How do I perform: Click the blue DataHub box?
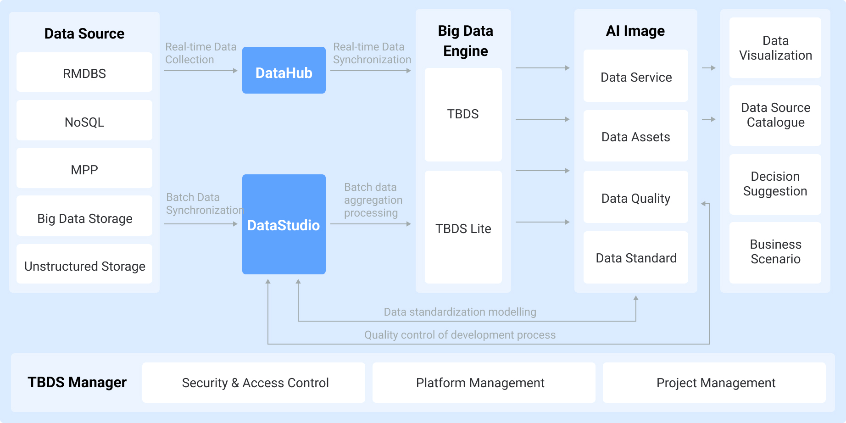[x=284, y=71]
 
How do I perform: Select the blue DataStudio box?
[x=284, y=224]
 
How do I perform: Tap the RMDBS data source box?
[x=84, y=72]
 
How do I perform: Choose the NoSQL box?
[x=84, y=121]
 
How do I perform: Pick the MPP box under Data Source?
[x=84, y=168]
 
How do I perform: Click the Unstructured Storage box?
[x=84, y=265]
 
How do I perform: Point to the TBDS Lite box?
[x=463, y=228]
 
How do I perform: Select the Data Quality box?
[x=635, y=197]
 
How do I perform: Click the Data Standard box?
[x=635, y=257]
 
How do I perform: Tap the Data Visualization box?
[x=775, y=48]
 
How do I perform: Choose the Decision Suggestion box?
[x=775, y=184]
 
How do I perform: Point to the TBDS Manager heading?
[x=77, y=382]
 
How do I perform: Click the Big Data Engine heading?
[x=465, y=41]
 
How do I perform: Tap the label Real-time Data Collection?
[x=200, y=53]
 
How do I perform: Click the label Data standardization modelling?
[x=460, y=312]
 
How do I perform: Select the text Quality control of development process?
[x=460, y=335]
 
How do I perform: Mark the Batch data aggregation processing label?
[x=373, y=200]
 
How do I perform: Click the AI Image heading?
[x=635, y=31]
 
